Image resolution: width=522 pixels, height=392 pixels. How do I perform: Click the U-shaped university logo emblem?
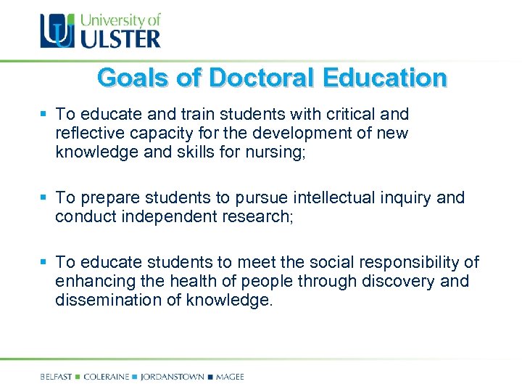[57, 31]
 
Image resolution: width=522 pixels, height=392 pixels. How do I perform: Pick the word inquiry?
[410, 197]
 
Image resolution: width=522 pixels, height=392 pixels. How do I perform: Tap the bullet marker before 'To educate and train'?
[44, 115]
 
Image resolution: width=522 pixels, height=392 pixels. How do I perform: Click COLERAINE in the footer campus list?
[106, 377]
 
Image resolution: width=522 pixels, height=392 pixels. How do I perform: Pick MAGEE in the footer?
[229, 377]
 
